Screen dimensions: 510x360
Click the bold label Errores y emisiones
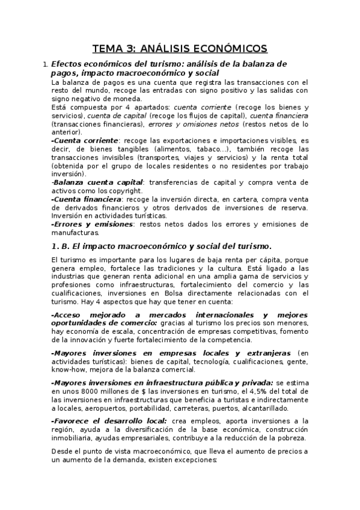93,224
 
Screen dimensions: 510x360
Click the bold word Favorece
73,420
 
